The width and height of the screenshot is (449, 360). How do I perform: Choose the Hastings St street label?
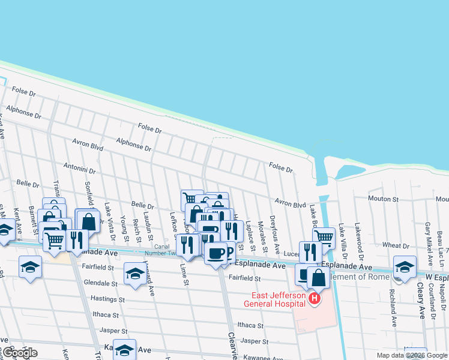coord(107,298)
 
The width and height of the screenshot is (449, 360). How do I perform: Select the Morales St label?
coord(262,236)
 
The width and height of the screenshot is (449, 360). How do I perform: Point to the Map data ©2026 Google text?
coord(411,355)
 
